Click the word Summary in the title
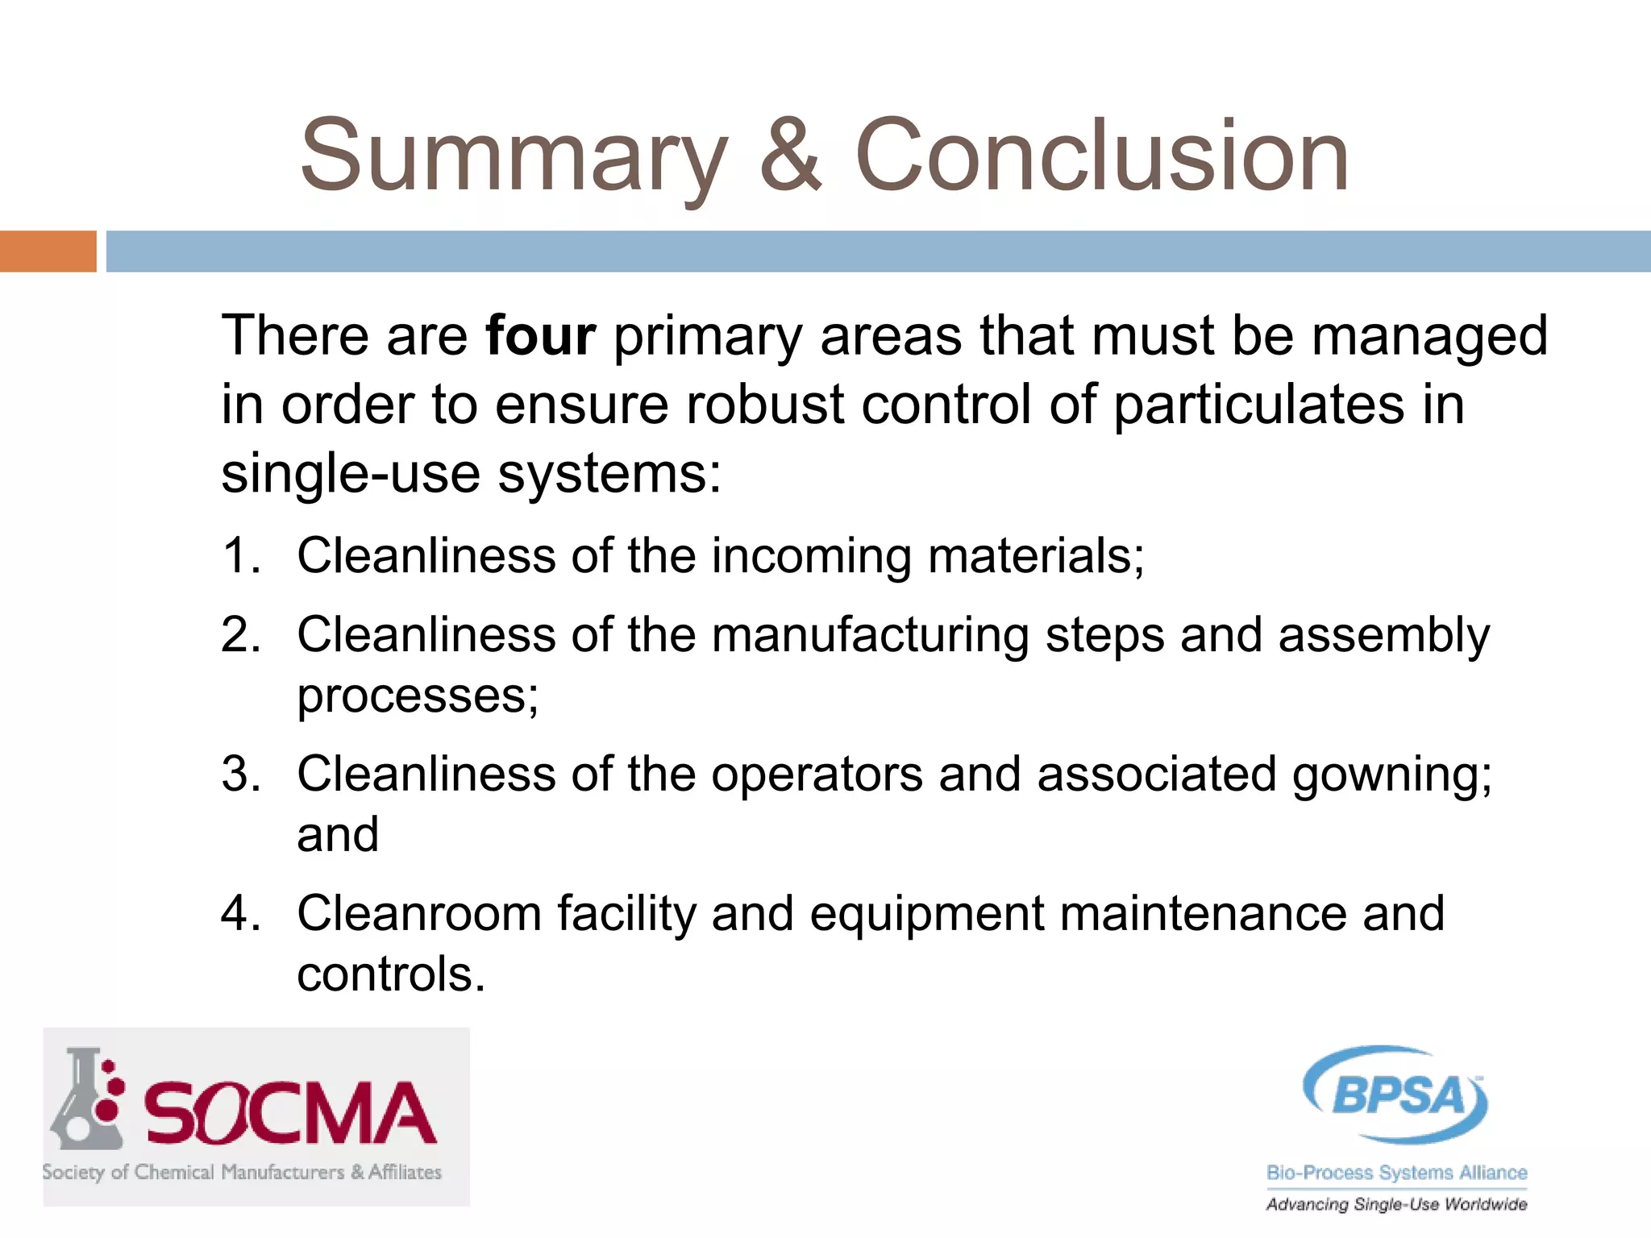514,157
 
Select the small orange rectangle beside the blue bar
48,251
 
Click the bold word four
540,336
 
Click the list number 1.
240,556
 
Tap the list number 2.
240,635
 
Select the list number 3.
240,775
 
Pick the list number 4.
240,914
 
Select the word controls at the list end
390,975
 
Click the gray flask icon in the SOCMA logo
85,1100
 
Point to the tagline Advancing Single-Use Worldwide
1396,1205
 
